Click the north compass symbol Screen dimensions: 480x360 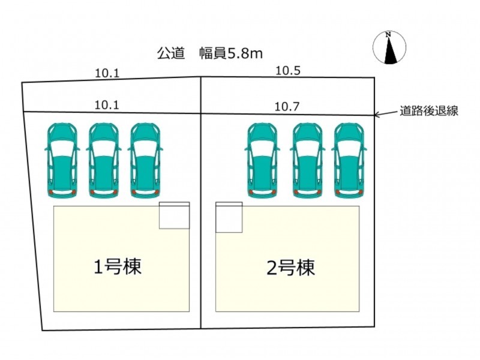[389, 47]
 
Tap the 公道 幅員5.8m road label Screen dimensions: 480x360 [210, 53]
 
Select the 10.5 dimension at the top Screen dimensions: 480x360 [288, 71]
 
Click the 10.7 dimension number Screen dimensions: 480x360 [287, 107]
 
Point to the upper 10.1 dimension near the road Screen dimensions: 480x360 [107, 73]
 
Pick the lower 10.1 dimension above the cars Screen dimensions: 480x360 [107, 105]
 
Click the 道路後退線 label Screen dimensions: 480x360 [429, 111]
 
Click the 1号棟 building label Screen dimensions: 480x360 [118, 266]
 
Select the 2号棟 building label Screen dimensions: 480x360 [291, 268]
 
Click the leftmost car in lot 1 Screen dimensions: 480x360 [62, 161]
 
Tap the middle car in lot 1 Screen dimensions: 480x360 [104, 161]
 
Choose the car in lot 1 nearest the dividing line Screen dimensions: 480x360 [145, 161]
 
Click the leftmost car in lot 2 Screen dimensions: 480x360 [262, 161]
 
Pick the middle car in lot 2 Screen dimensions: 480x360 [308, 161]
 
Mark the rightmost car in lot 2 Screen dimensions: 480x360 [349, 161]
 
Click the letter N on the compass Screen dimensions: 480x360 [388, 34]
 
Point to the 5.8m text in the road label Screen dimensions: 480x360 [245, 54]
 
